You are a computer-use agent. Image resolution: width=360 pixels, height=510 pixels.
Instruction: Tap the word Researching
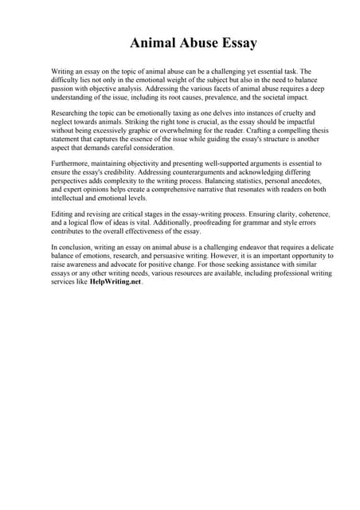point(72,114)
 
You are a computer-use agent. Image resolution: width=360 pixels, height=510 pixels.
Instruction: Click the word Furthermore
point(72,163)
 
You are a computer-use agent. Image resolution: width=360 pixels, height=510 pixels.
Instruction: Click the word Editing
point(63,215)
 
